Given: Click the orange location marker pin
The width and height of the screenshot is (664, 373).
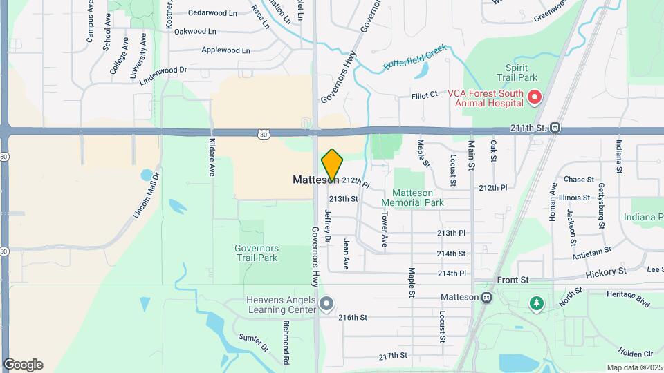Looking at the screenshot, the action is click(332, 166).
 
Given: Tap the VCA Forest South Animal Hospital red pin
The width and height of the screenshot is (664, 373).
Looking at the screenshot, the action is click(534, 97).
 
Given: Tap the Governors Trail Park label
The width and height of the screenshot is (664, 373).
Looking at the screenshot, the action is click(256, 253).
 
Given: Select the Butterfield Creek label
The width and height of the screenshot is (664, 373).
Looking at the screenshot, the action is click(416, 59).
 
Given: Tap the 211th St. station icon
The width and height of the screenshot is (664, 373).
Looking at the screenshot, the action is click(555, 128).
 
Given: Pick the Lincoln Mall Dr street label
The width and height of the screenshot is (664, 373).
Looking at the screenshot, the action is click(147, 195).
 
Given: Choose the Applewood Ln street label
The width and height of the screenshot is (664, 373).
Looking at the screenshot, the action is click(225, 50).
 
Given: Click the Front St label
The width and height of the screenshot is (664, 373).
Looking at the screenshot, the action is click(513, 280).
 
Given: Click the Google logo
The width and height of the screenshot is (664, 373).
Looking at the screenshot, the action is click(23, 365).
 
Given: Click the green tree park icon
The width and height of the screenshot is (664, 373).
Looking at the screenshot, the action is click(536, 303).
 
